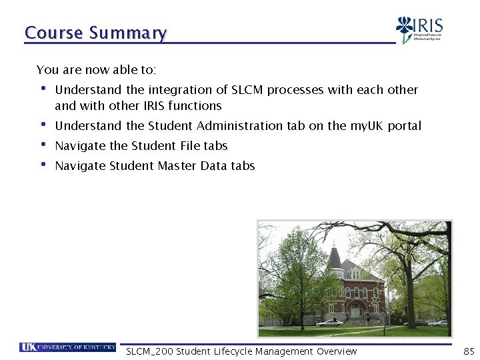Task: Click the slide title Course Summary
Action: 95,33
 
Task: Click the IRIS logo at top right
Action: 421,29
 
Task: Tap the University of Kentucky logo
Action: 68,347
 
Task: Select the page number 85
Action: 469,351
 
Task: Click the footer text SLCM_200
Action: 149,351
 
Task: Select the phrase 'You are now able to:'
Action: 96,70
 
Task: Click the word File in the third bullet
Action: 190,146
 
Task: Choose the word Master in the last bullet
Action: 177,166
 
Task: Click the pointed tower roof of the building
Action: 335,257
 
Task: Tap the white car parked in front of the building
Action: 330,323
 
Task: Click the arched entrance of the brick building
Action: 357,311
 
